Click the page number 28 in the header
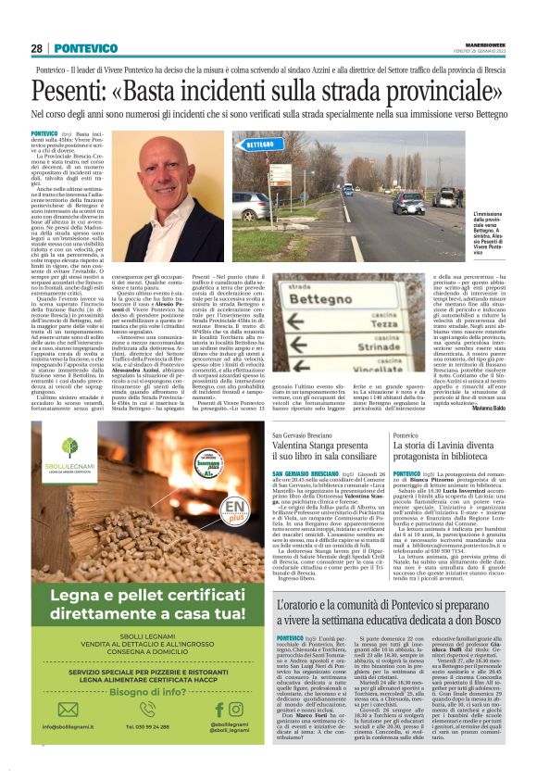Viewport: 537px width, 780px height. (37, 48)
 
